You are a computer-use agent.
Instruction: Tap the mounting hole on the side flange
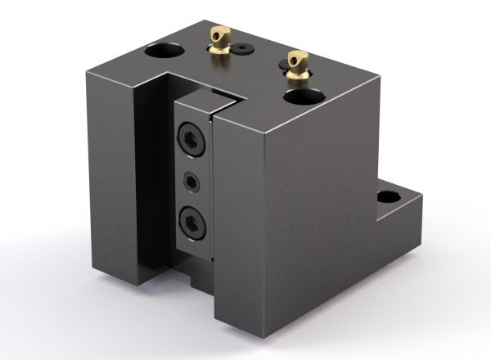tap(387, 197)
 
